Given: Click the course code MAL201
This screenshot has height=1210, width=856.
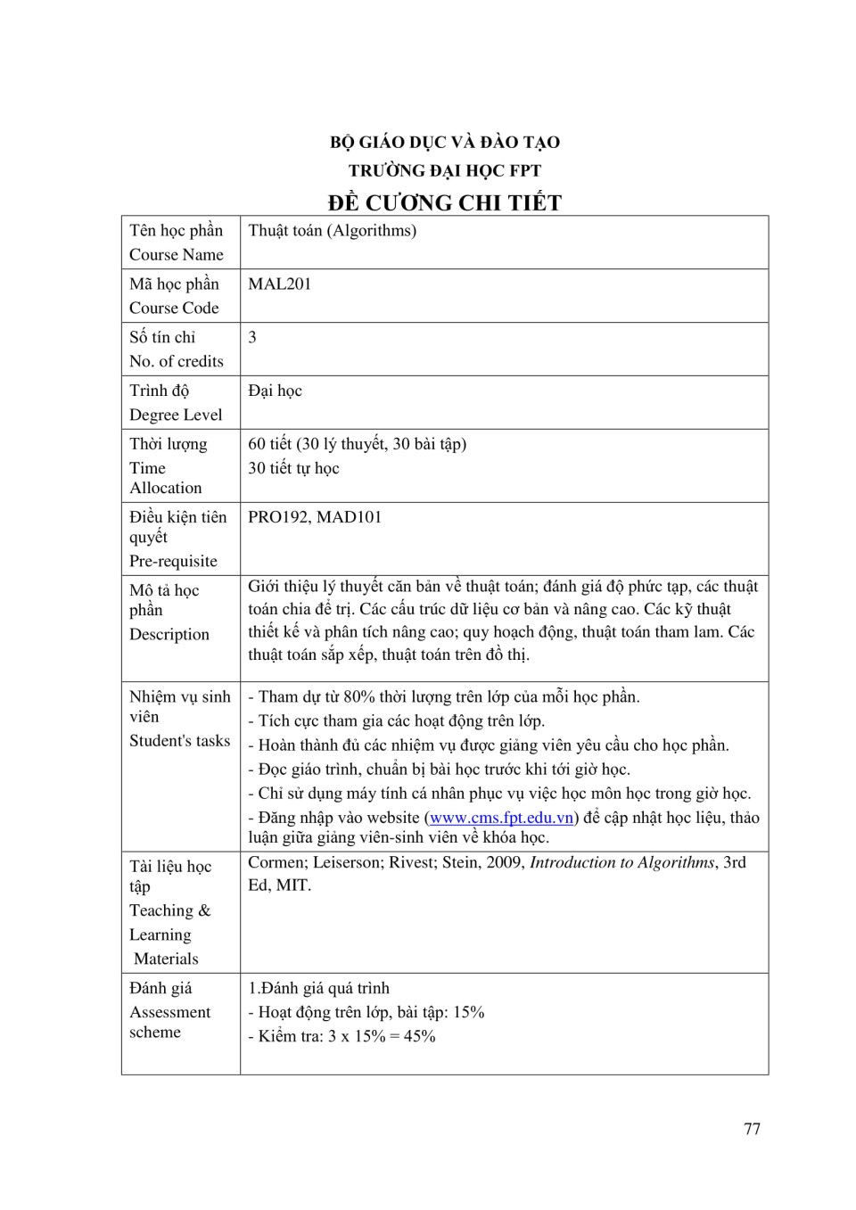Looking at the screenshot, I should [x=280, y=284].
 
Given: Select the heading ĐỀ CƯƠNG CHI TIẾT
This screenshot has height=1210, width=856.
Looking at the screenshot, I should [x=444, y=202].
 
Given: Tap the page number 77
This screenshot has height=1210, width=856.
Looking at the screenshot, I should [x=752, y=1129].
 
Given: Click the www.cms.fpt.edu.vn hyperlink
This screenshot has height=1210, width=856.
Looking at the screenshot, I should [x=501, y=818].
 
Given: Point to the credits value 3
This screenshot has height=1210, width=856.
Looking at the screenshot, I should [x=252, y=337].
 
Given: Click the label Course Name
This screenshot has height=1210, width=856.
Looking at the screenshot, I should [x=177, y=255].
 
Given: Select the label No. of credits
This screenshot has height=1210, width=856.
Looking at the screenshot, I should [x=177, y=361].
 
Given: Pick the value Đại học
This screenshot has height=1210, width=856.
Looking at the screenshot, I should [x=275, y=391].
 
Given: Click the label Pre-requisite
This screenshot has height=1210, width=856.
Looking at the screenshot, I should [x=173, y=561].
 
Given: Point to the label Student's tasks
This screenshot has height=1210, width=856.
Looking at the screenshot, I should [x=179, y=741].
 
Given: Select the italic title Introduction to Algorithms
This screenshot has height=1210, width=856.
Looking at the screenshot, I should [x=622, y=862].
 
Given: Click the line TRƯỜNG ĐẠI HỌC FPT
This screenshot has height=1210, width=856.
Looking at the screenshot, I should [x=444, y=170].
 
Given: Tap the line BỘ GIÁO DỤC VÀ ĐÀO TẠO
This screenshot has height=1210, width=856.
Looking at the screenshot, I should [x=444, y=142].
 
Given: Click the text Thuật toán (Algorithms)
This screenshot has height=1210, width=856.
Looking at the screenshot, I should [x=332, y=231].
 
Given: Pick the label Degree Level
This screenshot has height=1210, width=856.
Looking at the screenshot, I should [x=176, y=415].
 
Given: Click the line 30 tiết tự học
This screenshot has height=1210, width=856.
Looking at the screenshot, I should [x=293, y=468].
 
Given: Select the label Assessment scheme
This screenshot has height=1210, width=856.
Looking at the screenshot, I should [x=169, y=1022].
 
